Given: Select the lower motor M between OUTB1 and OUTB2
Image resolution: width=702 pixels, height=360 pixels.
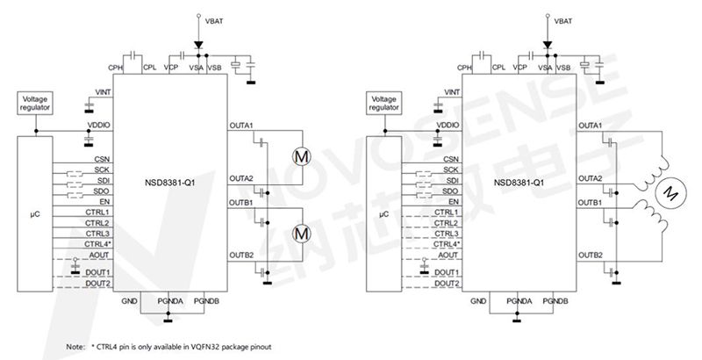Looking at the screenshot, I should tap(301, 233).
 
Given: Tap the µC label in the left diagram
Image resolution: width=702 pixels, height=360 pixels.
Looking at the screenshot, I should tap(32, 212).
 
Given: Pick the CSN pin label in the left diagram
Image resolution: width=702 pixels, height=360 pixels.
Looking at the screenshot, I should tap(101, 159).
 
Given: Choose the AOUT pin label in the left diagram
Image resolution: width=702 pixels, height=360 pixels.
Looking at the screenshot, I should tap(99, 255).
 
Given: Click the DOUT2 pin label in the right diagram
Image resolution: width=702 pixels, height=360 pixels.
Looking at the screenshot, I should tap(448, 284).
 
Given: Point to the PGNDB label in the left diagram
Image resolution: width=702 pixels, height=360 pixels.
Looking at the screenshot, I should tap(207, 301).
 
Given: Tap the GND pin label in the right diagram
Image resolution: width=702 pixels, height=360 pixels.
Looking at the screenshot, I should tap(478, 301).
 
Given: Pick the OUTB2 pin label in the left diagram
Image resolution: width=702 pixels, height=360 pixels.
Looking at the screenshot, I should tap(241, 256).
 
